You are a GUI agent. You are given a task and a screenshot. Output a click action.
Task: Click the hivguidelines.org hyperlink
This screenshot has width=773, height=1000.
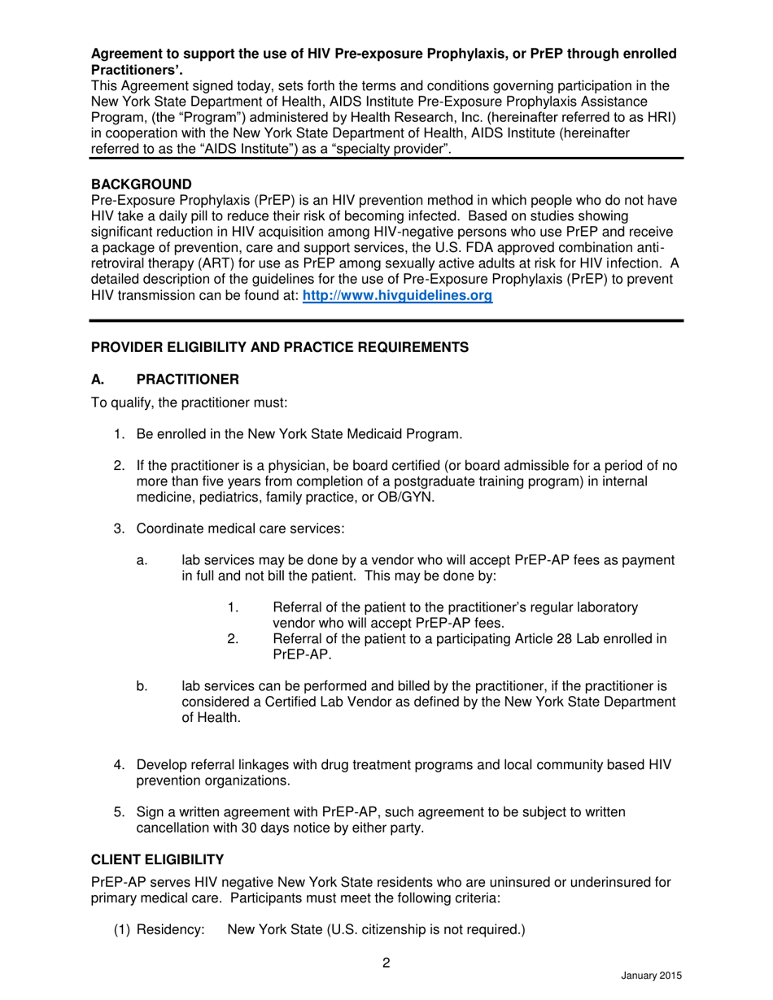(x=397, y=297)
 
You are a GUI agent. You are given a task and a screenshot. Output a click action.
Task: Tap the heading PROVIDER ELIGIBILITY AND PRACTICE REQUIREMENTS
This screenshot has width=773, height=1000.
(x=279, y=347)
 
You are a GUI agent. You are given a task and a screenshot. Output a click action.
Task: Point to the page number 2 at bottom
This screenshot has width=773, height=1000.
(x=386, y=964)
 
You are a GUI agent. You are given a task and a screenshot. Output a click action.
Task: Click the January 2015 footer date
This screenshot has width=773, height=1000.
(x=651, y=976)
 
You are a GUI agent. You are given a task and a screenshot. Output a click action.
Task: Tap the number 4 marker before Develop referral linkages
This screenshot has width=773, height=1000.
(x=118, y=765)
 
